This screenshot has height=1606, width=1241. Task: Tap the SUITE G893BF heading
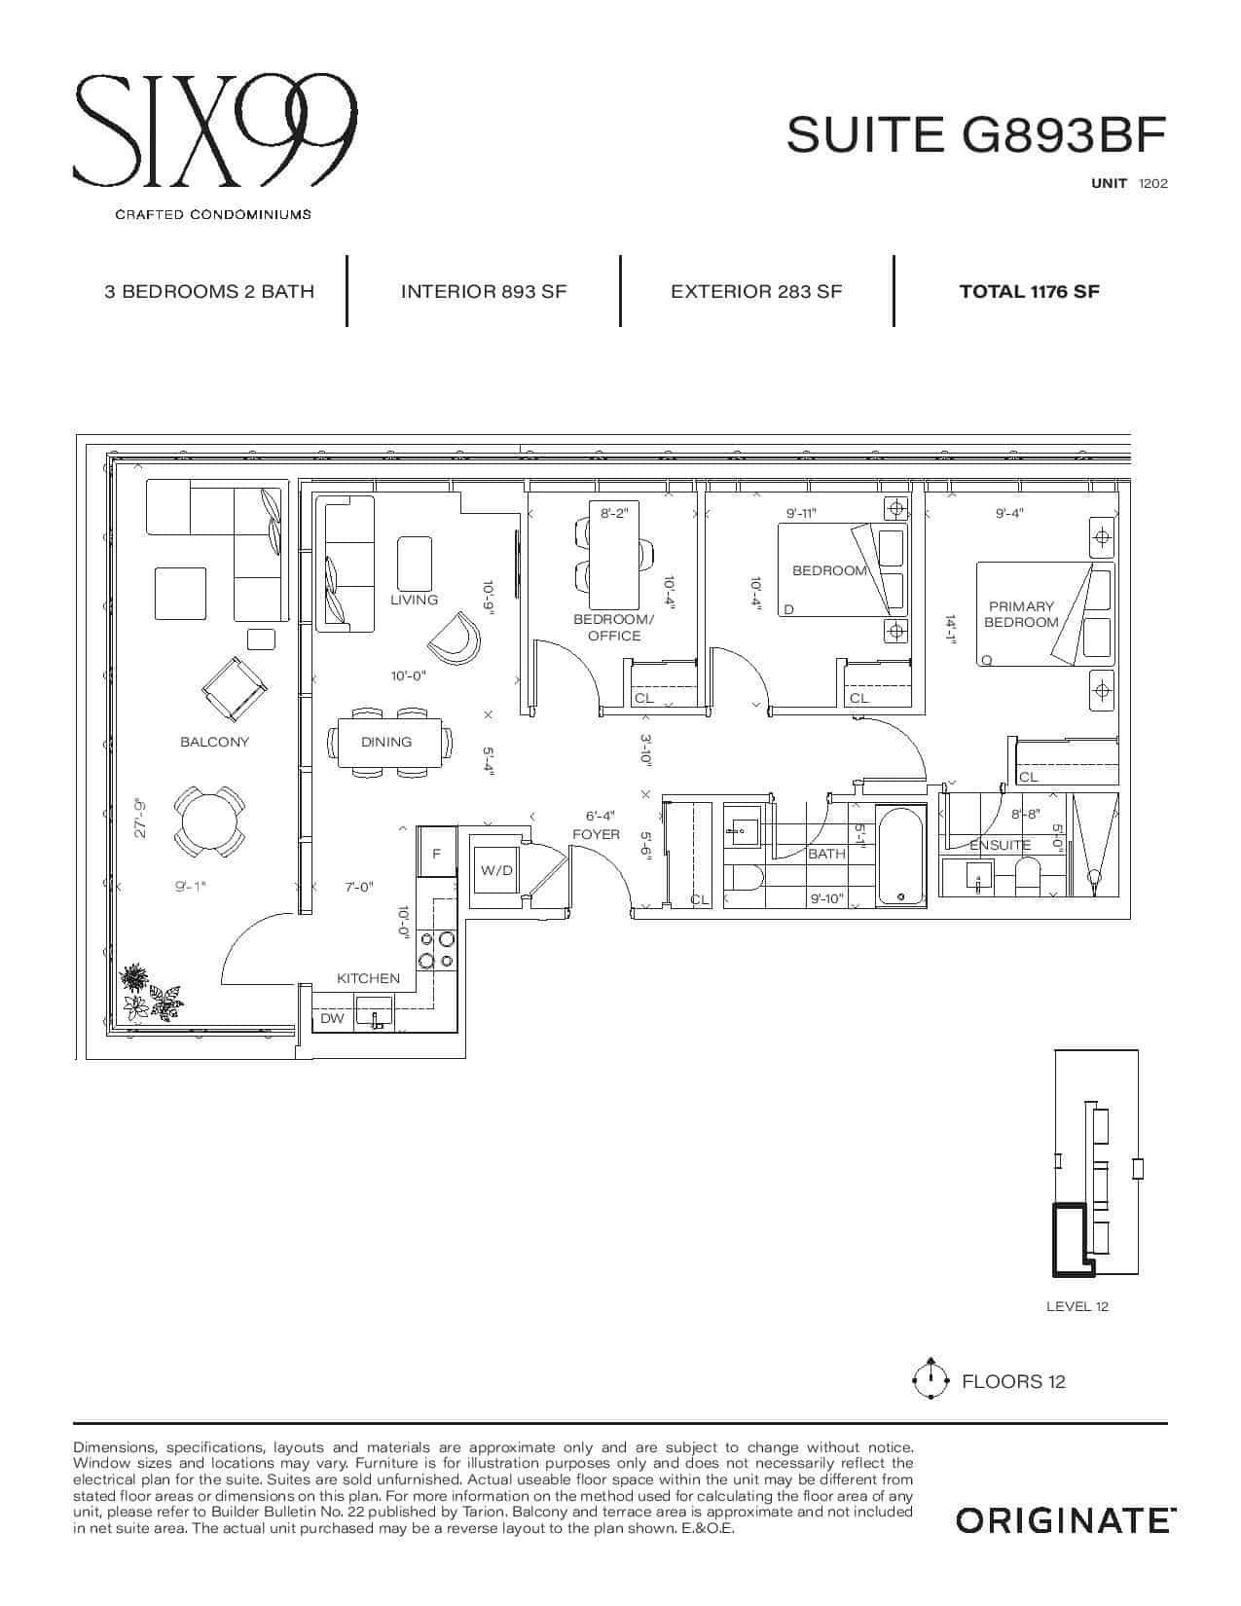976,134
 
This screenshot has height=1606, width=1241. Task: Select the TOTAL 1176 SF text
1029,291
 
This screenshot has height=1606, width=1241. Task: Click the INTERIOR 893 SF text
484,291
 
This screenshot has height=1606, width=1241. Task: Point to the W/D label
496,870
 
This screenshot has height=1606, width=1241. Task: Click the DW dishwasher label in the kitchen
332,1018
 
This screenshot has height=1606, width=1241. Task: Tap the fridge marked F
436,852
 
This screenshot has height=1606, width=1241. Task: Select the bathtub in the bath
900,856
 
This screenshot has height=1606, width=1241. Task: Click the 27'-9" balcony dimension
140,818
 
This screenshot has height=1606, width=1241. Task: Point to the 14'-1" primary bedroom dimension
951,631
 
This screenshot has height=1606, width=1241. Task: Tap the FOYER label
596,834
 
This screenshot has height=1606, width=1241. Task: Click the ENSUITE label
1000,845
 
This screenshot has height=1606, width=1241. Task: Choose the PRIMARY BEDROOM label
1021,614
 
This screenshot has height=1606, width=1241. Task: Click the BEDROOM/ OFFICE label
613,628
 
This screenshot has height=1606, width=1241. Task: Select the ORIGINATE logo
1066,1521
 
